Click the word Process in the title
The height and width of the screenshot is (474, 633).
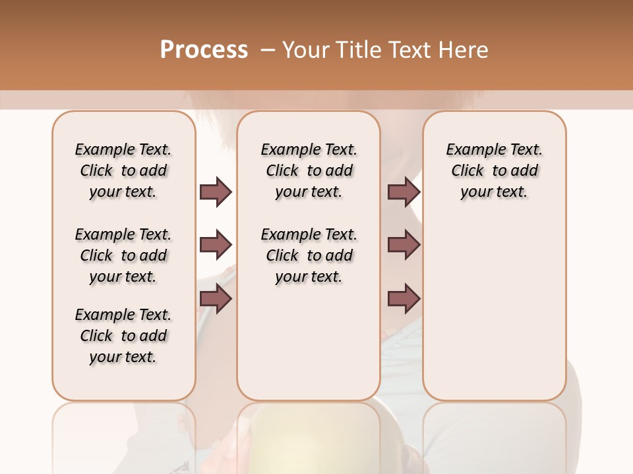[x=204, y=50]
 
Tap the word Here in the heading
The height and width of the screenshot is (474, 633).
[x=464, y=50]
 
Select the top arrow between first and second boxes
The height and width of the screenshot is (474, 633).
[x=216, y=192]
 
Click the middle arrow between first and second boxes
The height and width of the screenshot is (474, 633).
[x=216, y=246]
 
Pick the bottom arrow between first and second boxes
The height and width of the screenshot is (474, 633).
[x=216, y=299]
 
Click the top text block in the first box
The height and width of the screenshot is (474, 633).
[x=123, y=171]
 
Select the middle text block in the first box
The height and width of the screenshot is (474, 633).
[x=123, y=255]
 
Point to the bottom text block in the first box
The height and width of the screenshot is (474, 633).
[x=123, y=336]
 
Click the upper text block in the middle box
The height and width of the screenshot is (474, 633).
[x=309, y=171]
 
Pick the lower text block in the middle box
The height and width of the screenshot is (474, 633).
[x=309, y=255]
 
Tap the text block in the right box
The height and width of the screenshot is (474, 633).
[x=494, y=171]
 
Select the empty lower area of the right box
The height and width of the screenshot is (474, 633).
[x=494, y=309]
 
